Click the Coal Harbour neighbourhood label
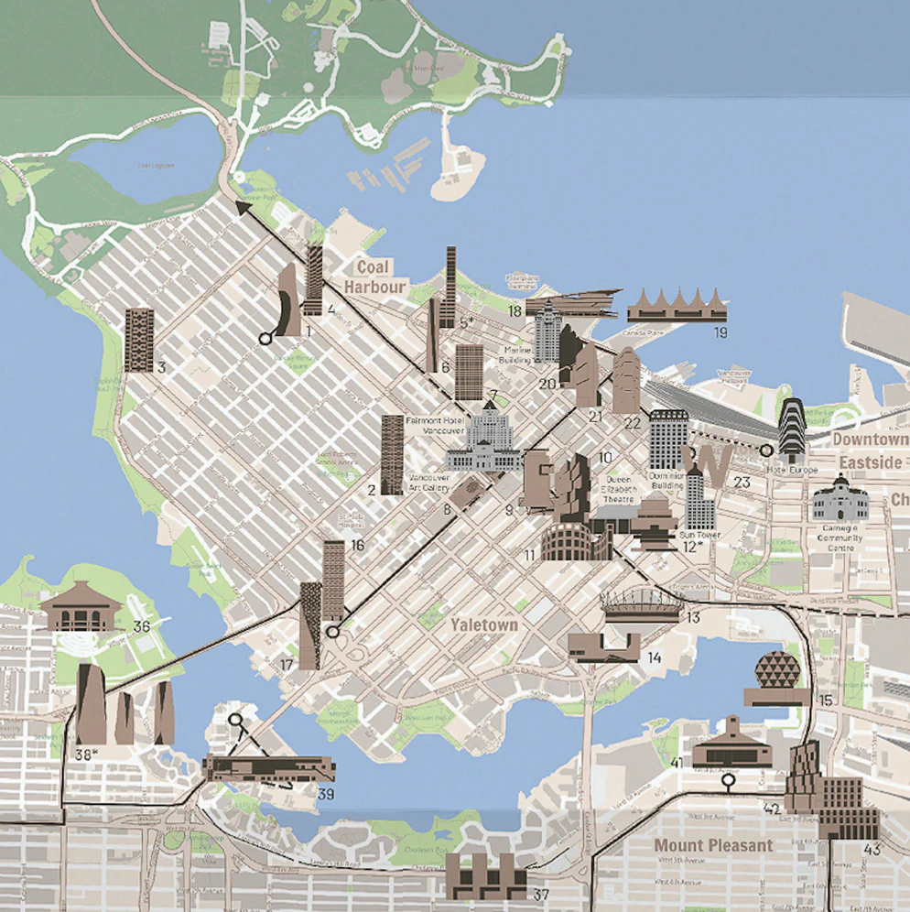pos(374,277)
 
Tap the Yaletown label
pos(483,624)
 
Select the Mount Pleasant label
pos(713,845)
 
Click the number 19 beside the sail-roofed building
pos(720,331)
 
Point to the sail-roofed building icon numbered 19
pos(677,305)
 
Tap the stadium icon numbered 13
pos(641,605)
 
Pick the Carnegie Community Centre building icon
pos(840,501)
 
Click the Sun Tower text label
pos(701,535)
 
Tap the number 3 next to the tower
pos(161,368)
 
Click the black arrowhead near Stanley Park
pos(244,209)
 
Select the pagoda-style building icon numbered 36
pos(81,606)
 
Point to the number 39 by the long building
pos(325,794)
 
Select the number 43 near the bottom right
pos(872,850)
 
